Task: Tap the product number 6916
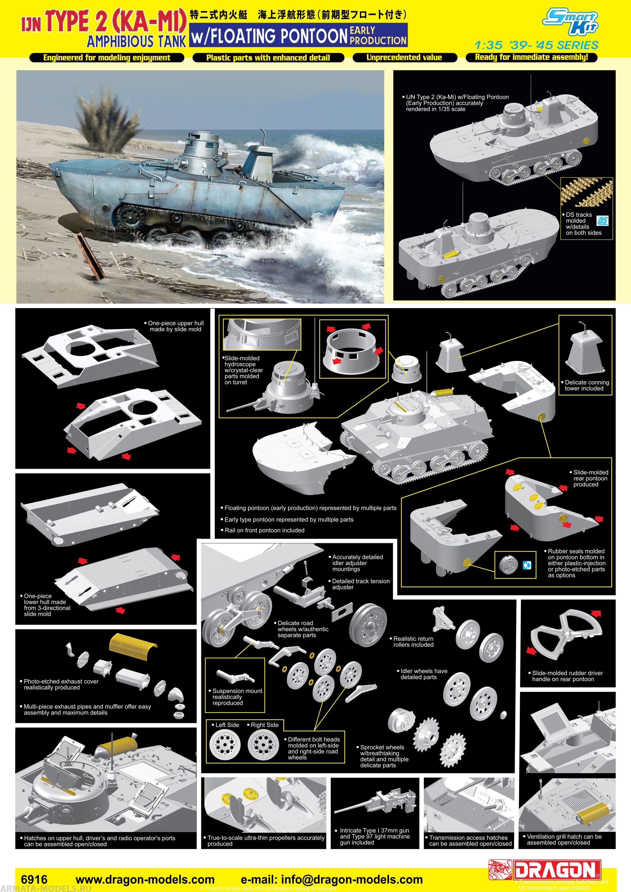pos(34,879)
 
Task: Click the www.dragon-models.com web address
pos(145,879)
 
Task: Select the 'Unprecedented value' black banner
pos(404,57)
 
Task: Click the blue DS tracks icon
pos(602,221)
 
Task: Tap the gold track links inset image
pos(586,192)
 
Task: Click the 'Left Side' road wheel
pos(222,744)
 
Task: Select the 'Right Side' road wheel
pos(263,744)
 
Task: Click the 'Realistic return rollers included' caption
pos(413,641)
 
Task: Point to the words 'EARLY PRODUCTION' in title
pos(378,35)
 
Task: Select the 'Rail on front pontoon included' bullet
pos(264,530)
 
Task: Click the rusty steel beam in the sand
pos(91,256)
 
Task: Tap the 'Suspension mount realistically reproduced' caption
pos(237,697)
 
